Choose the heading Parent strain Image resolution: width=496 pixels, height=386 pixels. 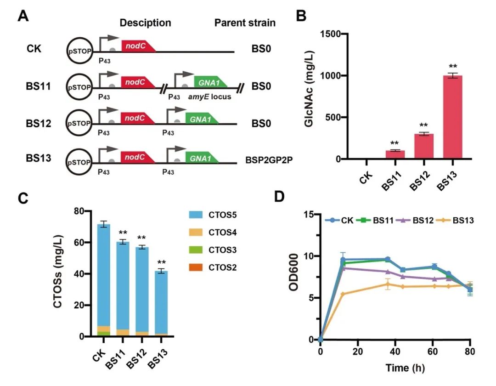coord(245,23)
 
